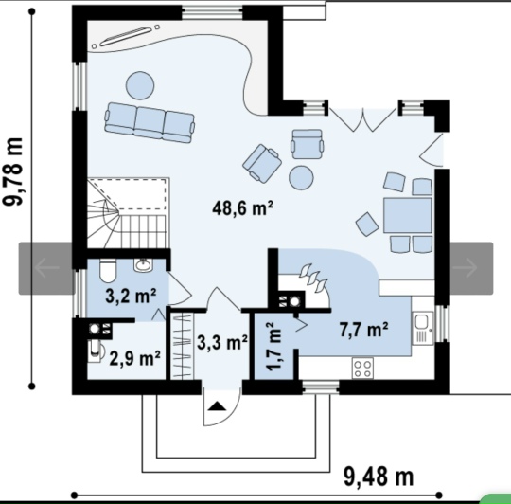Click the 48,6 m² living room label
(242, 208)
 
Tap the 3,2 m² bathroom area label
(131, 296)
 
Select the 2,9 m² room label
(134, 358)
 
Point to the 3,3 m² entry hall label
(222, 342)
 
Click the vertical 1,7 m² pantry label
(273, 346)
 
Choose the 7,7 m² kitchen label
(363, 329)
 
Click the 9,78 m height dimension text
(13, 171)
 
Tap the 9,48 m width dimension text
(379, 477)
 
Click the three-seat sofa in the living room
(150, 122)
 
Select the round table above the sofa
(140, 85)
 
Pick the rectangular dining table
(407, 215)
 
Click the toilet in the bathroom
(107, 271)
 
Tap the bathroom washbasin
(142, 264)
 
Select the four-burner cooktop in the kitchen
(362, 369)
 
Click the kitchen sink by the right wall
(423, 328)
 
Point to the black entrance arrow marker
(217, 406)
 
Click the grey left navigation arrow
(46, 268)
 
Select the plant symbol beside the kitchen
(313, 278)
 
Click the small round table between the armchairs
(301, 178)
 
